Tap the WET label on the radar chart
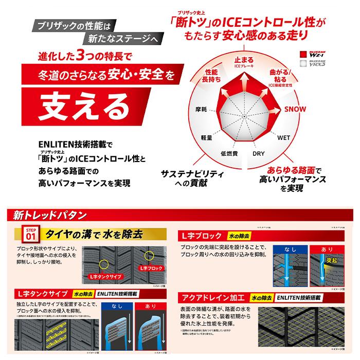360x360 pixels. pyautogui.click(x=283, y=138)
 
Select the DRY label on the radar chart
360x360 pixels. pyautogui.click(x=258, y=154)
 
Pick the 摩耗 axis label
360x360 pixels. pyautogui.click(x=201, y=110)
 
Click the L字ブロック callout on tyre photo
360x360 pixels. pyautogui.click(x=153, y=268)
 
